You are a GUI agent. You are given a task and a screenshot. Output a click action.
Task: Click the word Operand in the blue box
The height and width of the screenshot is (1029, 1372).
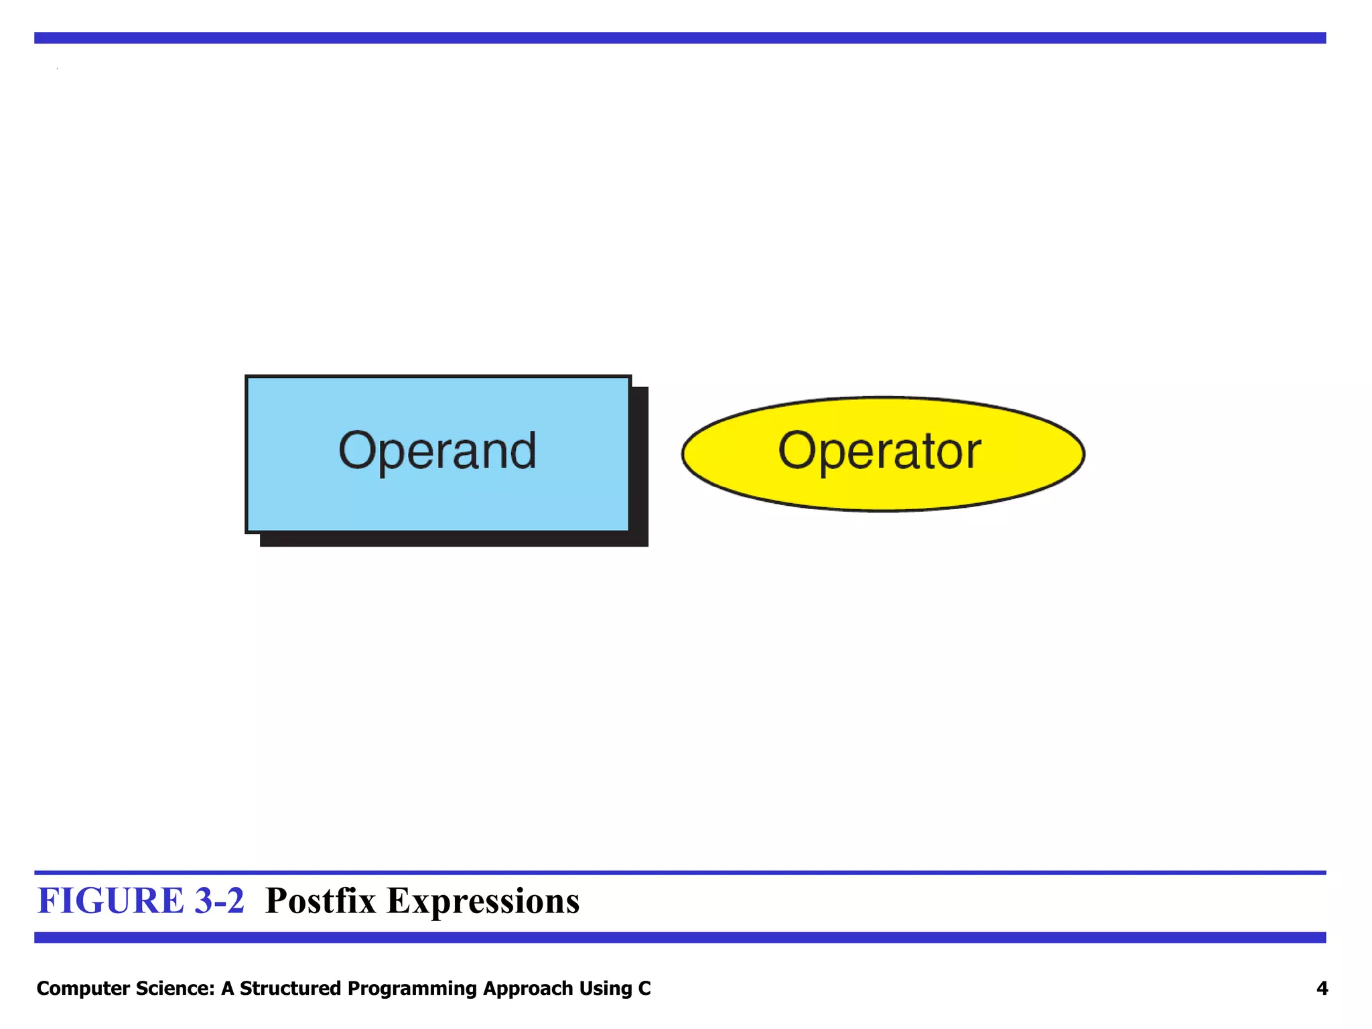[437, 451]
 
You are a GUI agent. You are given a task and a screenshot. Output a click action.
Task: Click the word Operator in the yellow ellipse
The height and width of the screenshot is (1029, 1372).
[879, 451]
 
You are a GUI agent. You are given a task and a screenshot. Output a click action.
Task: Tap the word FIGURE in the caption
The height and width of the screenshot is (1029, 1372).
[111, 900]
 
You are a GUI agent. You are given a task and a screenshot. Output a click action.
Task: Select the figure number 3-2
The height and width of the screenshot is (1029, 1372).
[219, 900]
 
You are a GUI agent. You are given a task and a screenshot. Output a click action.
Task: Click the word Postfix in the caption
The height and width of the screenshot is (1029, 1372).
[321, 900]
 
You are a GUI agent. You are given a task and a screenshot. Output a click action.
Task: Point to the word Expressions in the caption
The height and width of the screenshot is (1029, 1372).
[483, 900]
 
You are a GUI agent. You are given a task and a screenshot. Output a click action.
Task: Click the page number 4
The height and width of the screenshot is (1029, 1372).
[1322, 988]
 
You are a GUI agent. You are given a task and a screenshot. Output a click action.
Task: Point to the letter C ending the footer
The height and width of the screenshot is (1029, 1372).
[644, 988]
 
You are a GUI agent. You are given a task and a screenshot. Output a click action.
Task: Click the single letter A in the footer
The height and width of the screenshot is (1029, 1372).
[228, 988]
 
